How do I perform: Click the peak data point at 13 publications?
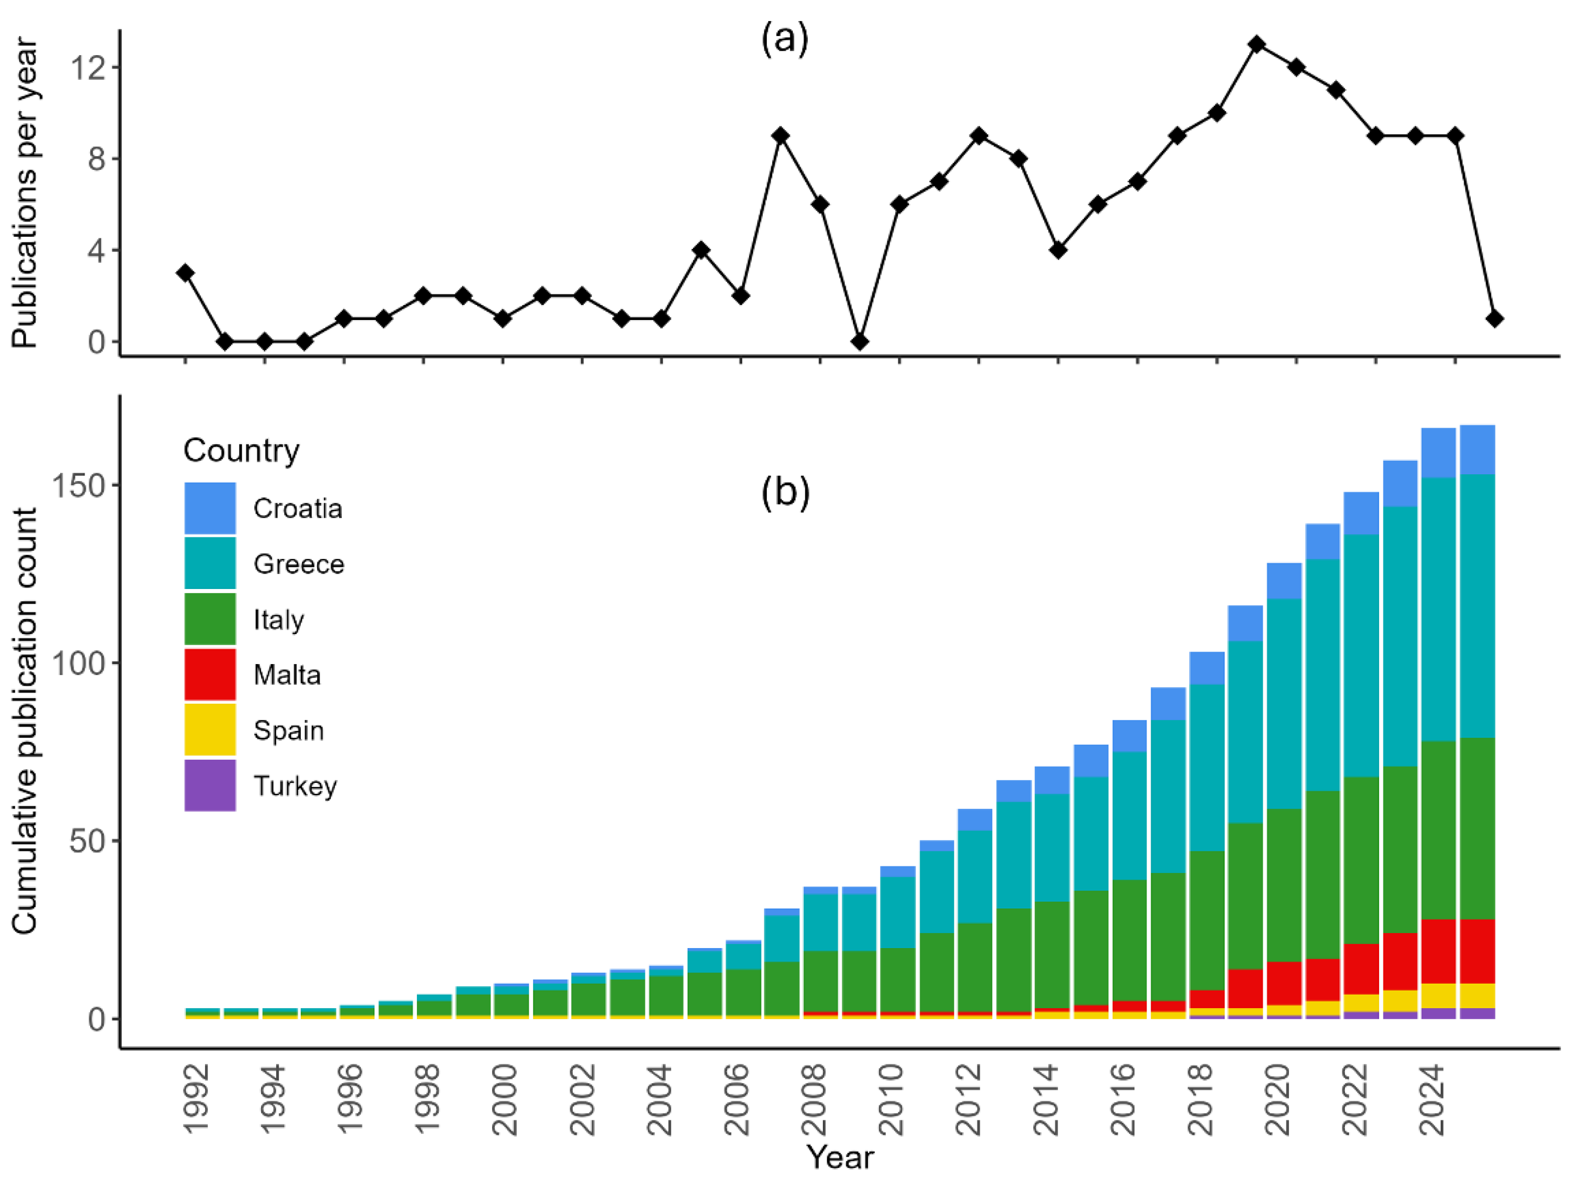click(x=1257, y=44)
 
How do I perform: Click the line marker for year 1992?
click(x=186, y=272)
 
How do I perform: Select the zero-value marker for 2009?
click(x=860, y=342)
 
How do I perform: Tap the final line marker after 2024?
click(x=1494, y=319)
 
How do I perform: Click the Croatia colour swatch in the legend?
click(x=210, y=508)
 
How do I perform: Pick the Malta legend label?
click(x=287, y=675)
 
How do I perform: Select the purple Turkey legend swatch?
click(x=210, y=785)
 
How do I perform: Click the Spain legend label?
click(x=288, y=730)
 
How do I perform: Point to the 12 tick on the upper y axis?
click(x=86, y=68)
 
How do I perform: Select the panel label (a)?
click(x=785, y=39)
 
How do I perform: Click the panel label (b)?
click(x=785, y=491)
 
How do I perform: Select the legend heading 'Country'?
click(x=242, y=451)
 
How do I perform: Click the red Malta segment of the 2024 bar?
click(x=1438, y=951)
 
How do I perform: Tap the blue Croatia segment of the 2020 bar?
click(x=1284, y=581)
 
